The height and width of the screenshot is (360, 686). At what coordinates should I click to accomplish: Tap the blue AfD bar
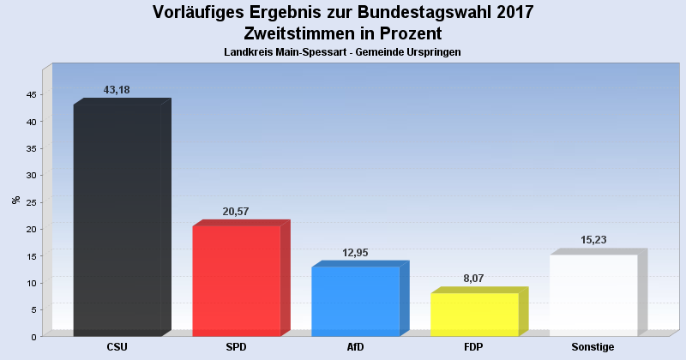355,301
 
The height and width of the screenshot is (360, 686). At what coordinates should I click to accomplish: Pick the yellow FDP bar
474,314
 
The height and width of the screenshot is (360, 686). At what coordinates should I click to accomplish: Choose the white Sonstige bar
593,295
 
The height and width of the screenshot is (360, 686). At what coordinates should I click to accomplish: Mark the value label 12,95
353,253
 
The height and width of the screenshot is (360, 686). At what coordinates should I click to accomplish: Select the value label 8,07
472,279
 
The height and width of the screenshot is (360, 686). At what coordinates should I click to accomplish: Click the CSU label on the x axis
117,347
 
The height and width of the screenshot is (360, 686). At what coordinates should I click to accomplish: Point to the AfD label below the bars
355,347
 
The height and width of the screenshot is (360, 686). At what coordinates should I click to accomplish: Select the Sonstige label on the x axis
593,347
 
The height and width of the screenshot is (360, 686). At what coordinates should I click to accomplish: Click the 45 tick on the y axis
30,95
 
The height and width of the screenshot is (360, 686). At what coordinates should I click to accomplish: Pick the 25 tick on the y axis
30,202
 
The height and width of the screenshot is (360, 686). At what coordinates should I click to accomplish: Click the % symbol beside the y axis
15,200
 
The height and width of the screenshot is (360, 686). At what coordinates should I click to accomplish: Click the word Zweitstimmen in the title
298,34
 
